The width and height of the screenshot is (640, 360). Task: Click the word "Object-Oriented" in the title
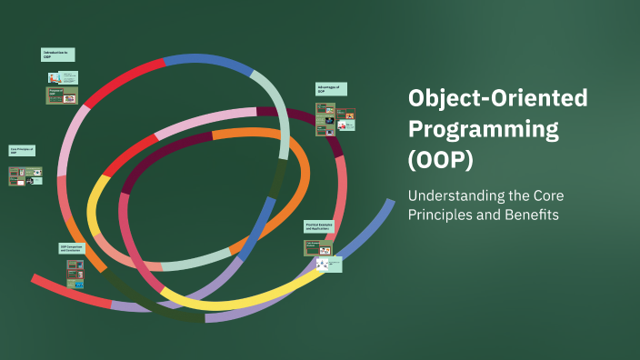tap(497, 98)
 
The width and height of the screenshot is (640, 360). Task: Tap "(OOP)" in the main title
tap(440, 160)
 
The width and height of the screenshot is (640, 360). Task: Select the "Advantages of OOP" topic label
tap(330, 89)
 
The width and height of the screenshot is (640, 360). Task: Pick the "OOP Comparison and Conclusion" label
tap(75, 248)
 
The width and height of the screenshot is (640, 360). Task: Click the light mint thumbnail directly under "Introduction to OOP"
tap(69, 77)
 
